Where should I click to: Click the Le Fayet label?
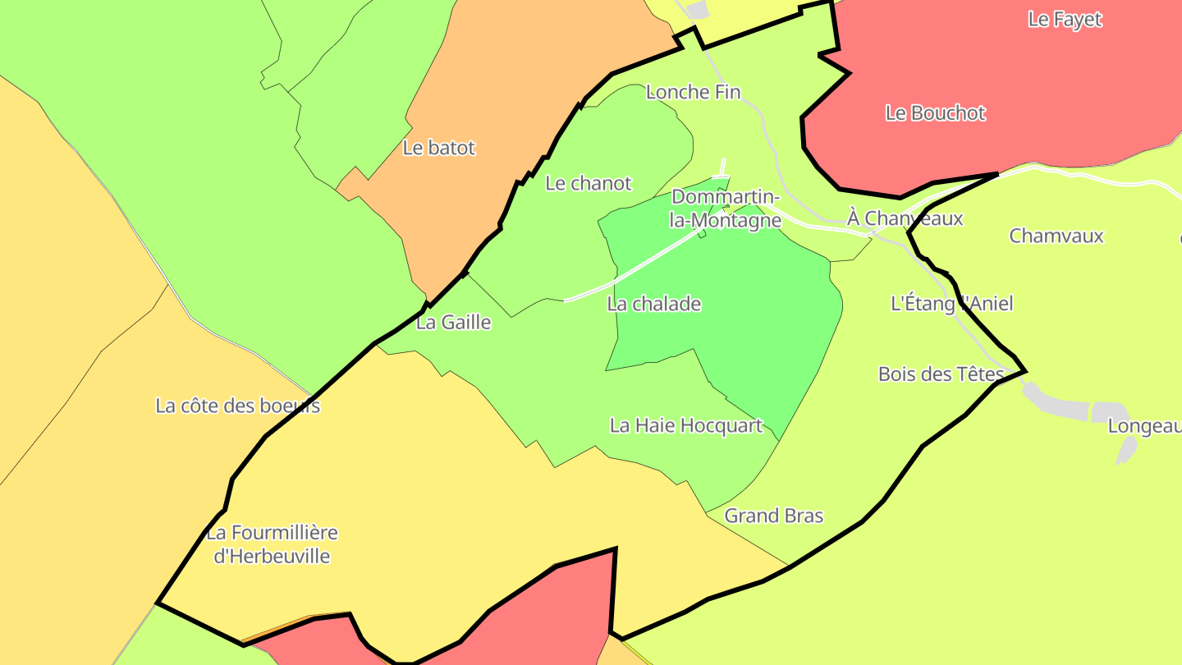(x=1065, y=20)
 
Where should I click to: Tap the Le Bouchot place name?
(x=935, y=113)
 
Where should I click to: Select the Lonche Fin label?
(x=693, y=92)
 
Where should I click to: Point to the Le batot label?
(x=439, y=148)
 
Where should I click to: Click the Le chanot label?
(x=588, y=183)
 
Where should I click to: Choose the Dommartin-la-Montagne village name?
(x=726, y=209)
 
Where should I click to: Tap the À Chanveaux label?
(x=905, y=218)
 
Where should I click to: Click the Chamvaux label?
(x=1056, y=236)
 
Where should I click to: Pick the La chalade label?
(x=654, y=304)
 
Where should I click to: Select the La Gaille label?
(x=453, y=323)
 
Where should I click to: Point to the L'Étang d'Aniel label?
(x=951, y=304)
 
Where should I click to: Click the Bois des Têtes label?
(x=941, y=374)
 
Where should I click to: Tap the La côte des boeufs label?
(x=237, y=406)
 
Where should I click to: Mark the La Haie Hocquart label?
(x=686, y=425)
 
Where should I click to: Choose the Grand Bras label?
(x=773, y=516)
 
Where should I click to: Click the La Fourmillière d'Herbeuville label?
(x=272, y=544)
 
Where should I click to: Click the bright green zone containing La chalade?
(x=739, y=312)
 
